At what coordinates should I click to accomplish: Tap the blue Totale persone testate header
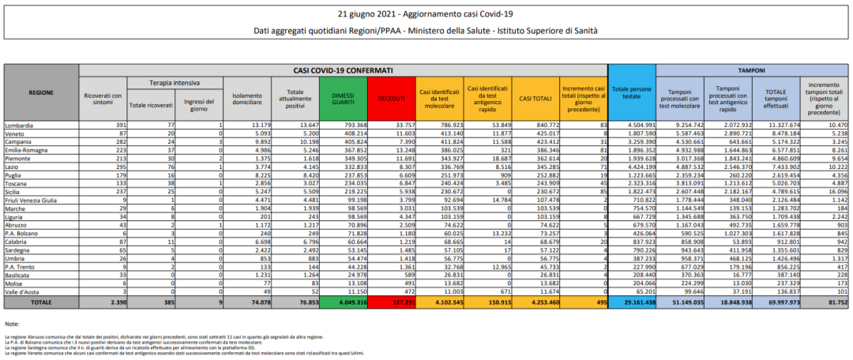tap(633, 93)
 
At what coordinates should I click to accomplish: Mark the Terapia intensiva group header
tap(175, 82)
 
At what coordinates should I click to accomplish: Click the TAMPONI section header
tap(750, 70)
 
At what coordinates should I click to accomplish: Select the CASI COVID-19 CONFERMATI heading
tap(343, 70)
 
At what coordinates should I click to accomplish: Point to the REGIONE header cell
tap(41, 92)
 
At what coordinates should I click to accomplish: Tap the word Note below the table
tap(11, 324)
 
